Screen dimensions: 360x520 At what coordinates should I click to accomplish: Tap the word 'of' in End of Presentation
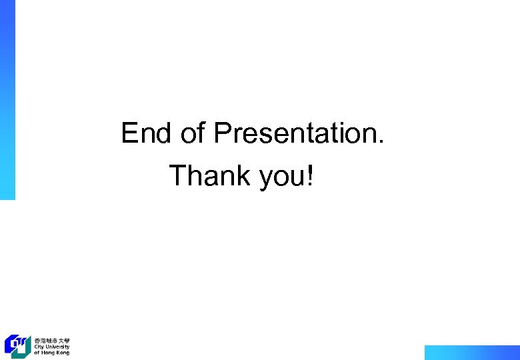193,133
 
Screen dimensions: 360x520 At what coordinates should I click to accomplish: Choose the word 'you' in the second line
281,179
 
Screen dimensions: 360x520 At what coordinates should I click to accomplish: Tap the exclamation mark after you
309,176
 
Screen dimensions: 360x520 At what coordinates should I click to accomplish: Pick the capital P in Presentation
222,133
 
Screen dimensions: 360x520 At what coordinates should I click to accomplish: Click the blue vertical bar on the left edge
7,100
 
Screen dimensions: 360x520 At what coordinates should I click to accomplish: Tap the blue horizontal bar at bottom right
471,352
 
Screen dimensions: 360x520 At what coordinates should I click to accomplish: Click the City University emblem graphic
17,345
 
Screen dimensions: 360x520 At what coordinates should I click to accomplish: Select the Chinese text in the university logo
52,340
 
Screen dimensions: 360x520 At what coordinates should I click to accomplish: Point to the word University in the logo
57,347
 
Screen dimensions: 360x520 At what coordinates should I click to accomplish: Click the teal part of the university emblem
24,349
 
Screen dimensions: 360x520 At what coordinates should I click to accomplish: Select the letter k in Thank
241,176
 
